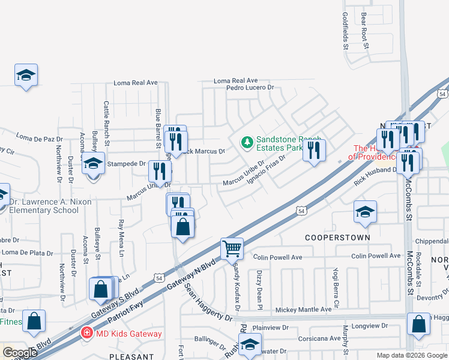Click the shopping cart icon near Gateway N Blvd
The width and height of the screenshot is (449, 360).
pos(232,248)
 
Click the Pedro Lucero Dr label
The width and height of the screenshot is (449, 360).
pos(250,88)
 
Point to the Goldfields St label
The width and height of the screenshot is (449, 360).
pos(345,31)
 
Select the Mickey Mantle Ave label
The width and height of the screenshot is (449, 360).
pos(303,310)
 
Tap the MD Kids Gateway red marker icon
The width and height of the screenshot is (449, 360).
pos(87,332)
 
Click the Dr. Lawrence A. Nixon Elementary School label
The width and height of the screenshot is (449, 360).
pos(49,206)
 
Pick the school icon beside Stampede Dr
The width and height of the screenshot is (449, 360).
pos(93,163)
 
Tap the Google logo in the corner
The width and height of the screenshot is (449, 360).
pos(20,353)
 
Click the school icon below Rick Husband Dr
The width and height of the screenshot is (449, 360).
pos(364,212)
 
